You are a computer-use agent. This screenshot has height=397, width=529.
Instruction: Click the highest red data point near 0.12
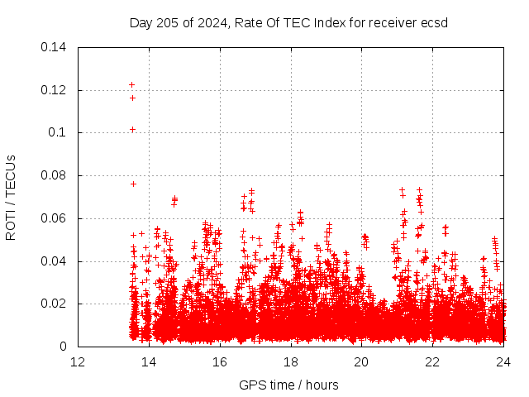[131, 84]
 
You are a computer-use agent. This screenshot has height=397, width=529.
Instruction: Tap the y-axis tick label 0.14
[54, 46]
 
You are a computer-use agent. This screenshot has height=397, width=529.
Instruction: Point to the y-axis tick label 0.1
[58, 132]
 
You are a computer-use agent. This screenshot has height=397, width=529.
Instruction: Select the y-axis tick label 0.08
[54, 175]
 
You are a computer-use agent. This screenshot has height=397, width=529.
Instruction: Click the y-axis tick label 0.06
[54, 218]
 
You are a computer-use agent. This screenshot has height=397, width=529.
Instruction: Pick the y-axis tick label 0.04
[54, 261]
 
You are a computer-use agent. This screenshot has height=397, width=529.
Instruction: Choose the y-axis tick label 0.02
[54, 304]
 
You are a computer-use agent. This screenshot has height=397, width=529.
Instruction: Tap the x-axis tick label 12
[78, 361]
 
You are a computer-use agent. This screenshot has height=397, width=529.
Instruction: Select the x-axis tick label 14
[149, 361]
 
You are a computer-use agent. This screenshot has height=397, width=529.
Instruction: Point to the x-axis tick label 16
[220, 361]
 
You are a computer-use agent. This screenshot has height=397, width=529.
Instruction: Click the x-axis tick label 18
[291, 361]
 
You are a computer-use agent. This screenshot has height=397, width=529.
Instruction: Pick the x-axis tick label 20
[361, 361]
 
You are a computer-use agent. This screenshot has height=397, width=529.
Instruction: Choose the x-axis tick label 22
[432, 361]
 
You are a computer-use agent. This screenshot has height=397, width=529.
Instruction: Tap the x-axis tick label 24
[503, 361]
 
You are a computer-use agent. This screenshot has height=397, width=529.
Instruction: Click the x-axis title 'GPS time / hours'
[288, 385]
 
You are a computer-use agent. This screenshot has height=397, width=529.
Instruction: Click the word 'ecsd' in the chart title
[433, 22]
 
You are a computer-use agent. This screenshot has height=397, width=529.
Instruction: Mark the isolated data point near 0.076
[133, 184]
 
